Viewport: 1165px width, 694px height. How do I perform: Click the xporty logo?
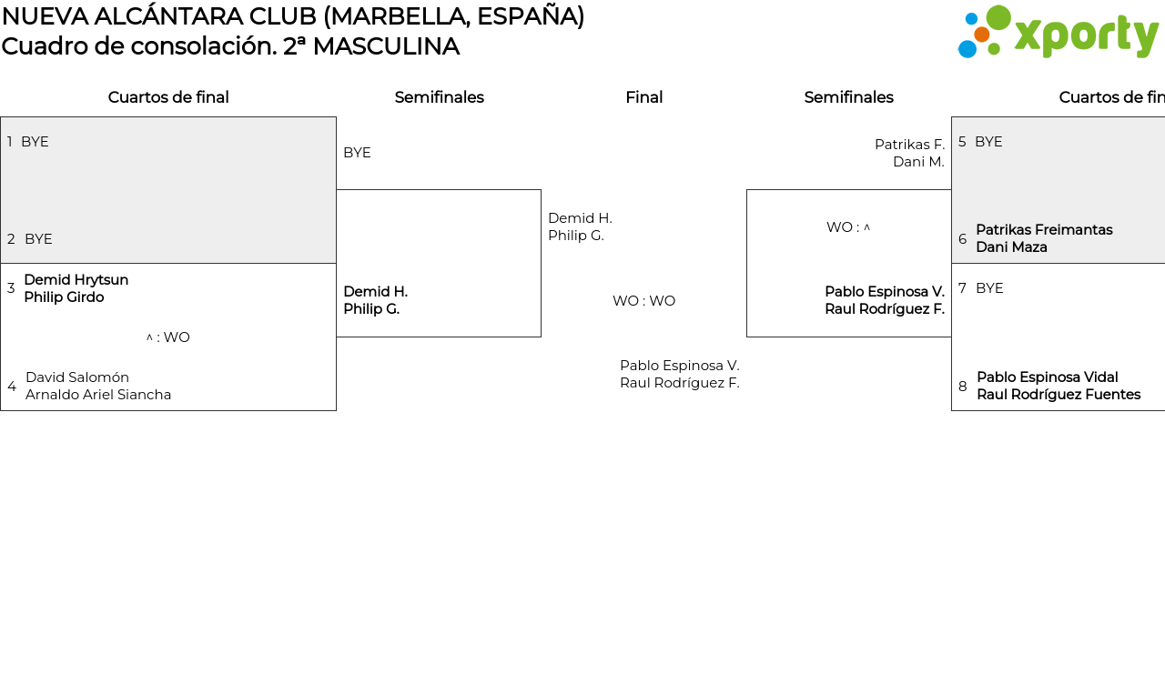pyautogui.click(x=1058, y=32)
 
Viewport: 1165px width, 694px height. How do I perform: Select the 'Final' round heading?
pyautogui.click(x=643, y=97)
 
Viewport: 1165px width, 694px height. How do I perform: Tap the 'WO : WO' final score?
pyautogui.click(x=643, y=301)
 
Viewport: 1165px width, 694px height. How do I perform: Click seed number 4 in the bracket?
pyautogui.click(x=12, y=387)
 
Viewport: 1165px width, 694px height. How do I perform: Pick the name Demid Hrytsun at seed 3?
pyautogui.click(x=76, y=279)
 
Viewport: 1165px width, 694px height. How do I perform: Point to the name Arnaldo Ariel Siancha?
pyautogui.click(x=98, y=395)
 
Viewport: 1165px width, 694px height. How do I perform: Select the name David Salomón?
pyautogui.click(x=77, y=377)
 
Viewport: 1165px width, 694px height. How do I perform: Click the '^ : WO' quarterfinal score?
pyautogui.click(x=168, y=337)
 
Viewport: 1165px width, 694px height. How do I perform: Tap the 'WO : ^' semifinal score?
pyautogui.click(x=848, y=227)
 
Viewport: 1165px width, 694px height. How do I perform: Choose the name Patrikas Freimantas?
pyautogui.click(x=1044, y=230)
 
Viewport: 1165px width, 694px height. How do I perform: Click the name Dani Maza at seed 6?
pyautogui.click(x=1011, y=246)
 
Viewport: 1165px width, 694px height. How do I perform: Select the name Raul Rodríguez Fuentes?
pyautogui.click(x=1059, y=395)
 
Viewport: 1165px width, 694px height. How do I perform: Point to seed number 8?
pyautogui.click(x=963, y=387)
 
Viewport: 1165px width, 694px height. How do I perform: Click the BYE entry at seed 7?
pyautogui.click(x=989, y=288)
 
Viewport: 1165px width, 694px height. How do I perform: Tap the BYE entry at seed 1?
pyautogui.click(x=35, y=141)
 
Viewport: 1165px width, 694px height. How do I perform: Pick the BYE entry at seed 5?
pyautogui.click(x=988, y=141)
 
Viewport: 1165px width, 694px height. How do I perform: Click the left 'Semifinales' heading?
pyautogui.click(x=439, y=97)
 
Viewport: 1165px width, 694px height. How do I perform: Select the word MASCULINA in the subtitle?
pyautogui.click(x=386, y=46)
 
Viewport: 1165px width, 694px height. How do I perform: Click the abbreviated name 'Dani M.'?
pyautogui.click(x=918, y=162)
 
